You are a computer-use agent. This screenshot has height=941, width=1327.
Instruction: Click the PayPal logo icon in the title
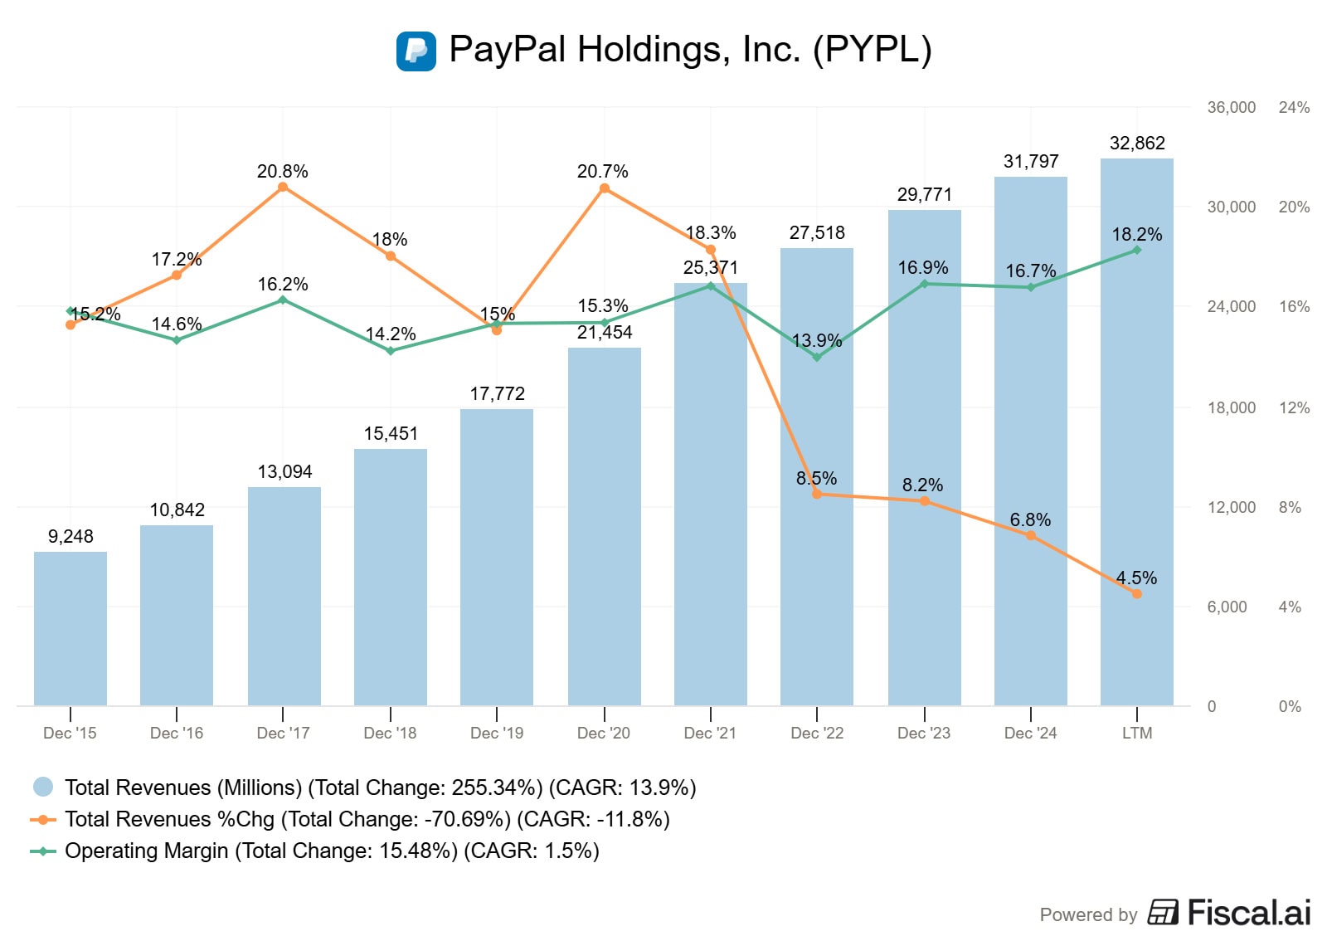(x=416, y=51)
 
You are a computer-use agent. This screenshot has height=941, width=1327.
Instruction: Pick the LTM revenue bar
(x=1136, y=431)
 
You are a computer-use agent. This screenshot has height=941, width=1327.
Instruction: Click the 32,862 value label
(x=1136, y=144)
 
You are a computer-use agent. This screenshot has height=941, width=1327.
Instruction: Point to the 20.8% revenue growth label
(x=282, y=172)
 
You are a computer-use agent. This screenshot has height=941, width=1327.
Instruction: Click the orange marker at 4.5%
(x=1136, y=593)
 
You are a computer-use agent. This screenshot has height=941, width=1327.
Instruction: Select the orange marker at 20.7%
(x=604, y=188)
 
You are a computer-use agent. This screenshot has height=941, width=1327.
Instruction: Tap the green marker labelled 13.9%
(x=817, y=358)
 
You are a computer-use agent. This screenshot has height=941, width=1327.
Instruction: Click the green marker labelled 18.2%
(x=1136, y=250)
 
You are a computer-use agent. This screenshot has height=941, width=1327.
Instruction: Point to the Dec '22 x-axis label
(x=817, y=733)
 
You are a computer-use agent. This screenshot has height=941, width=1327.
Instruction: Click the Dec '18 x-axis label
(x=390, y=733)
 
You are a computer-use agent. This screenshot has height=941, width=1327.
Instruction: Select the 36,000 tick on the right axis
(x=1231, y=107)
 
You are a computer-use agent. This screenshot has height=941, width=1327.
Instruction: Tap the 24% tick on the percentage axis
(x=1294, y=107)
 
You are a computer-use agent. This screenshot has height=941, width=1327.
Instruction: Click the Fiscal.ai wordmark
(x=1248, y=913)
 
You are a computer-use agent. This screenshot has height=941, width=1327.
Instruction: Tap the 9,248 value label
(x=70, y=537)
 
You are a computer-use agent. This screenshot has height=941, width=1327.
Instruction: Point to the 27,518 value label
(x=817, y=233)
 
